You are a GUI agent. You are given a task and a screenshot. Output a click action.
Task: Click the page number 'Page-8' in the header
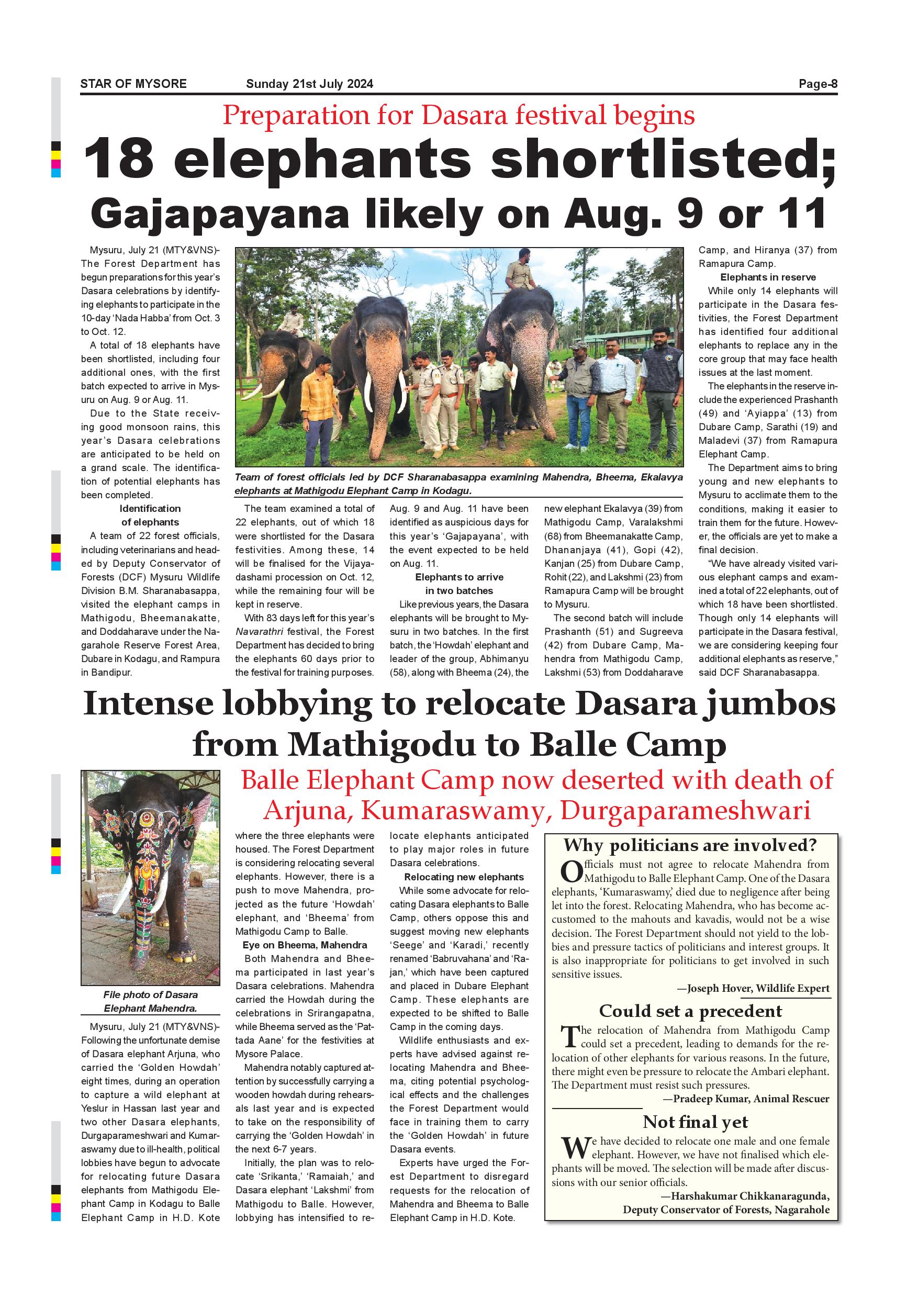(x=818, y=84)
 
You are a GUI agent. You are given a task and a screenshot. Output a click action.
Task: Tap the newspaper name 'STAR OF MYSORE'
(x=133, y=84)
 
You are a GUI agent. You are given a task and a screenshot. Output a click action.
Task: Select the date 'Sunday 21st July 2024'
(x=309, y=84)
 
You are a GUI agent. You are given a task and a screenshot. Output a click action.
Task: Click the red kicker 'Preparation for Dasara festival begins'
(x=458, y=116)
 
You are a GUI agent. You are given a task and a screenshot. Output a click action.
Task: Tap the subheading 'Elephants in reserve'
(x=768, y=277)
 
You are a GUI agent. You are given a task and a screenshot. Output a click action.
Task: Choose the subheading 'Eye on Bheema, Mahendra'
(x=305, y=945)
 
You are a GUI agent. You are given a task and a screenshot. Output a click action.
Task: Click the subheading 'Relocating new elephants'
(x=464, y=877)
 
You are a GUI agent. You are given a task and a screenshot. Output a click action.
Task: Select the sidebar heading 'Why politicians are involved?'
(x=690, y=845)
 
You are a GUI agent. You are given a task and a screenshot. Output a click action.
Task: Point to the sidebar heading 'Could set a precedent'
(x=690, y=1011)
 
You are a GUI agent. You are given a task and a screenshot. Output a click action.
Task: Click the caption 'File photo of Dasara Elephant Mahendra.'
(x=150, y=1001)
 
